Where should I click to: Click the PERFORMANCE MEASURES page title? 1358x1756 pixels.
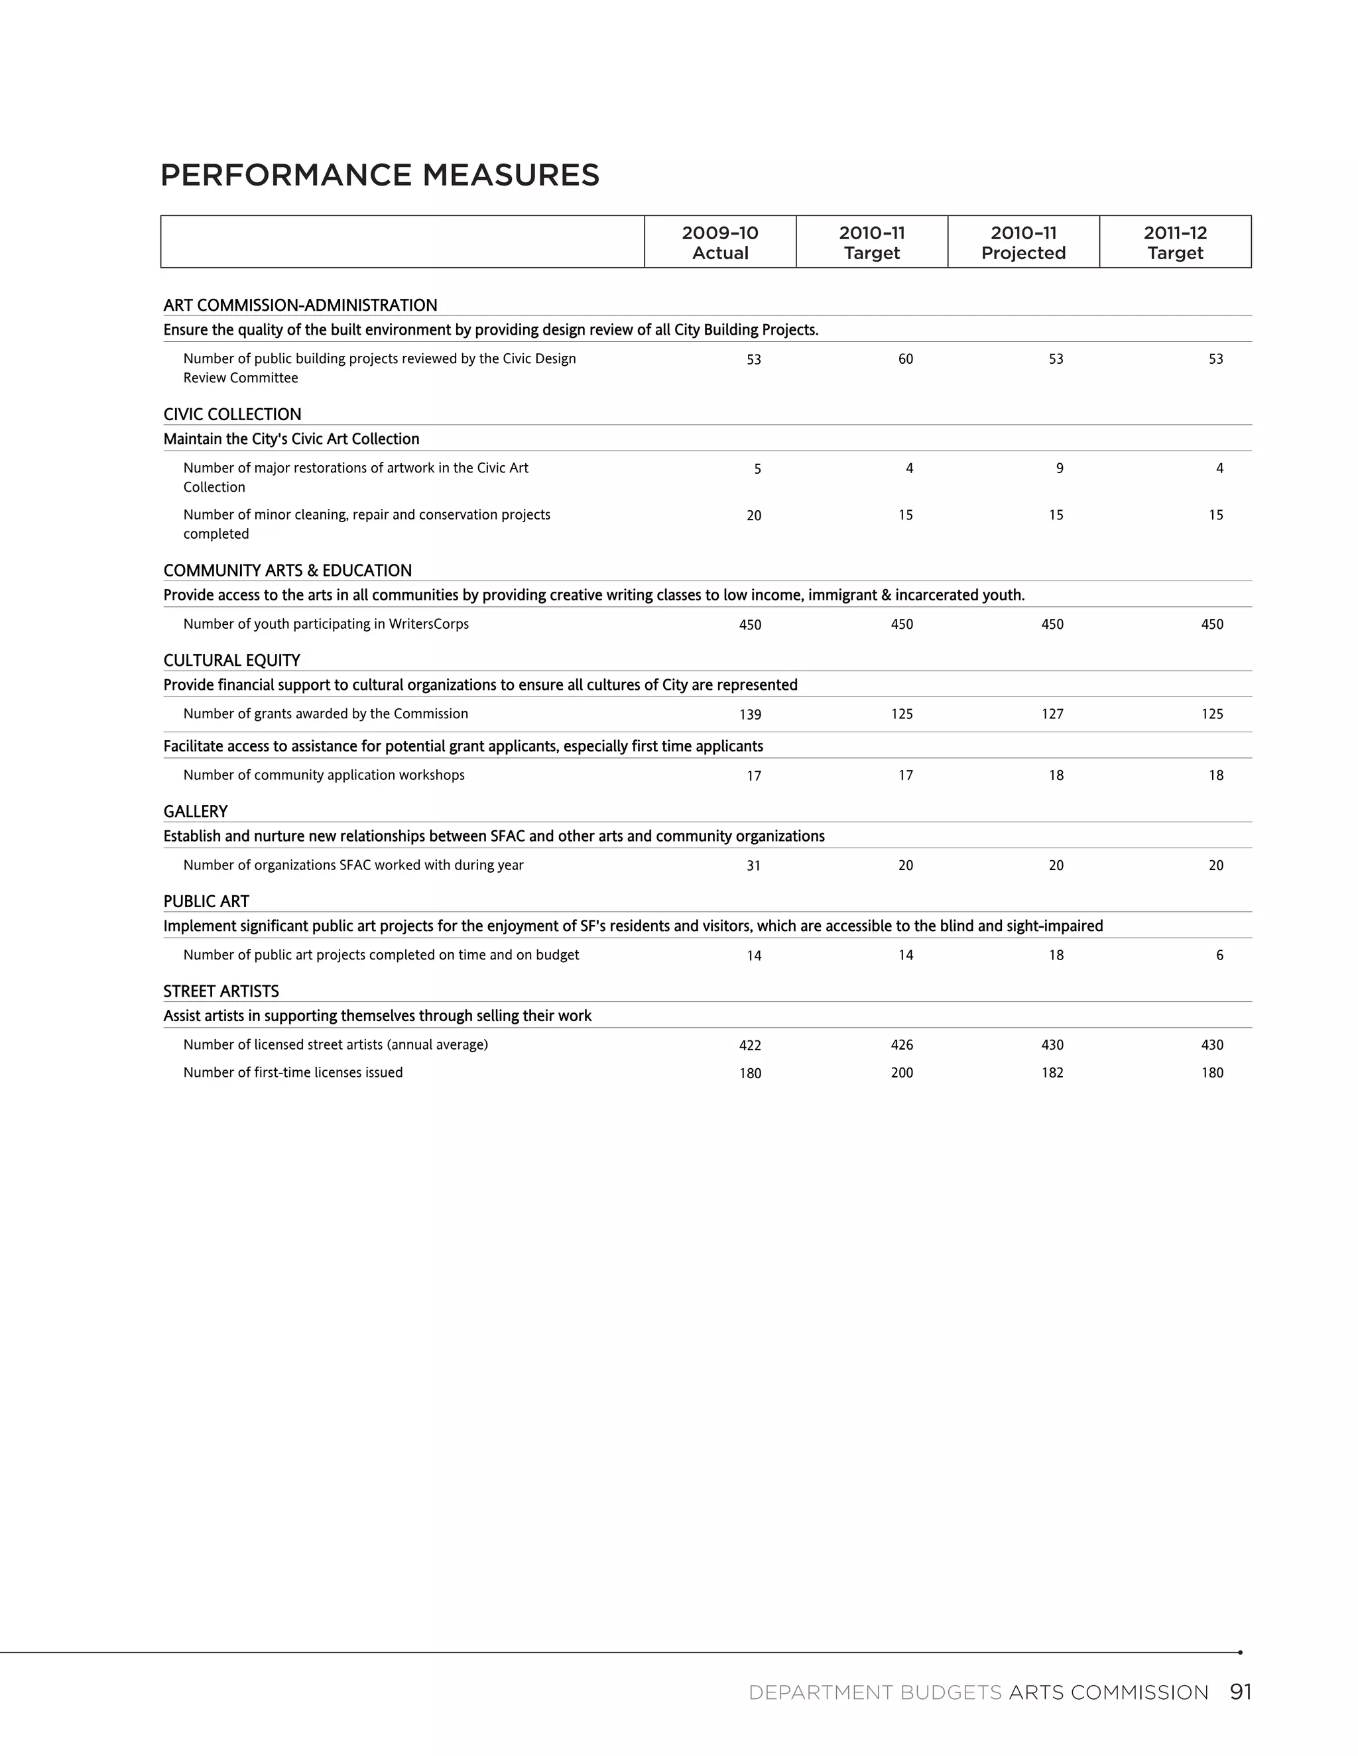[380, 176]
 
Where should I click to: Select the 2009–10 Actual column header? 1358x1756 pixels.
[720, 242]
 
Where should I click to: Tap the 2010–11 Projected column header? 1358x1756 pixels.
[1023, 242]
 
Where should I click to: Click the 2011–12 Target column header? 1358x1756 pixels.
[1176, 242]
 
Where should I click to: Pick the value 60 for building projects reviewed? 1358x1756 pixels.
[905, 359]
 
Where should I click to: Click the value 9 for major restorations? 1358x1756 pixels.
[1059, 468]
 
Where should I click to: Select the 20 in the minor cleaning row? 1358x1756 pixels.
[753, 516]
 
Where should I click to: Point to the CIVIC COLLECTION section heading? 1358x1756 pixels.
[233, 414]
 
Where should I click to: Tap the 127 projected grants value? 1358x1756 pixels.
[1052, 714]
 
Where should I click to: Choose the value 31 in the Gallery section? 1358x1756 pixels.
[753, 866]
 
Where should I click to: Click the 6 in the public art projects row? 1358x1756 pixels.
[1219, 955]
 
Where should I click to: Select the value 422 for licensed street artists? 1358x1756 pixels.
[750, 1045]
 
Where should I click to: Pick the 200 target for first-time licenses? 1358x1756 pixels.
[902, 1073]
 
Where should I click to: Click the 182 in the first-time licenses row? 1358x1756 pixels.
[1052, 1073]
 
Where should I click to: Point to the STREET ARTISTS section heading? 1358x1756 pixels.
[221, 991]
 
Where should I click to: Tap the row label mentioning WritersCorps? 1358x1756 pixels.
[326, 624]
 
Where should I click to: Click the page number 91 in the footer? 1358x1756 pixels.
[1241, 1692]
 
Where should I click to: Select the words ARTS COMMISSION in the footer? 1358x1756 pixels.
[1108, 1692]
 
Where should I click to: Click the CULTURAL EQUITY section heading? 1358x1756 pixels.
[231, 660]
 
